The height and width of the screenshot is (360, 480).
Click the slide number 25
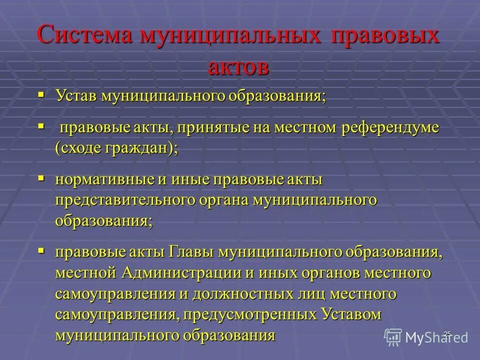pyautogui.click(x=446, y=333)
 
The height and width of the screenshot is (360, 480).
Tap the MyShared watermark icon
pyautogui.click(x=394, y=337)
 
